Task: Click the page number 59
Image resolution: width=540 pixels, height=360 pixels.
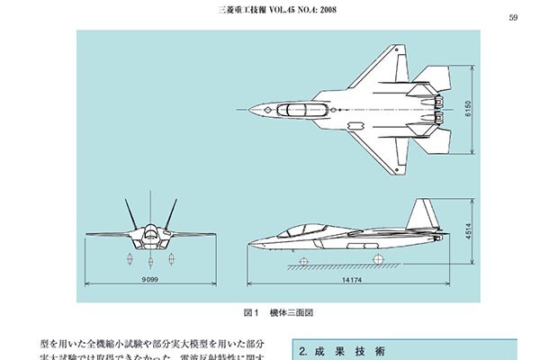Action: [512, 17]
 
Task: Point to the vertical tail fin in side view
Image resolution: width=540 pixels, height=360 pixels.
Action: [423, 216]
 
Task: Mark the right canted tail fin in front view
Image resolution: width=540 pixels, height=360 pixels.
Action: [165, 216]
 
